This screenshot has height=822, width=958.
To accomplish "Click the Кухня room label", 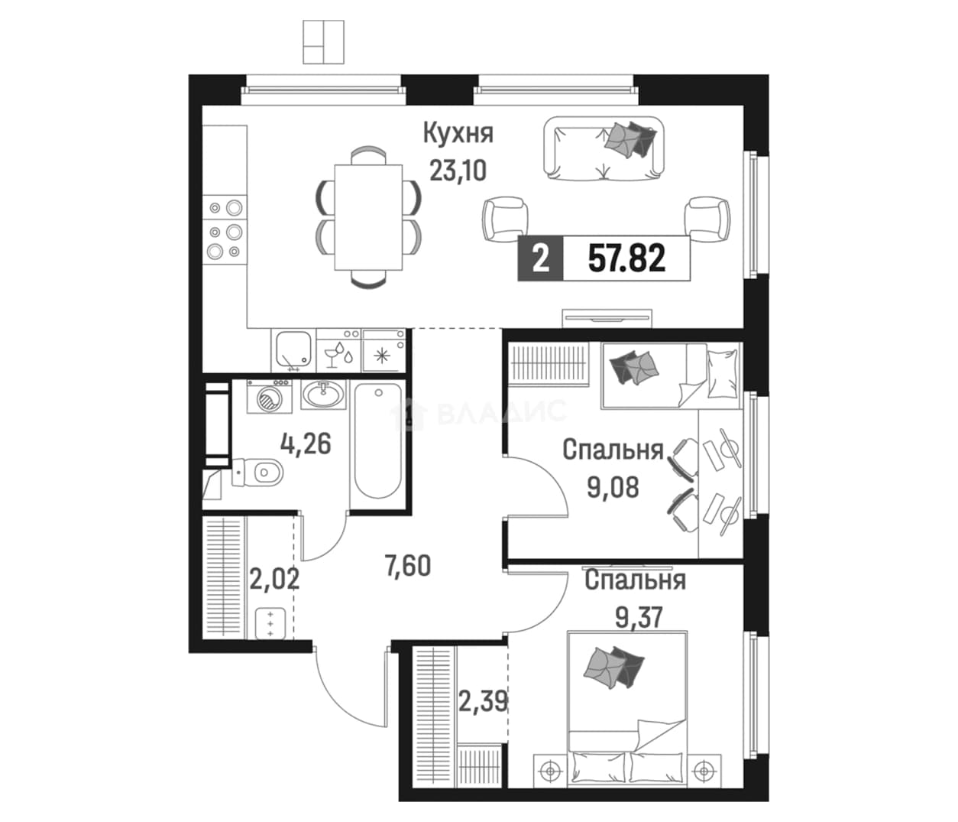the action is [x=458, y=134].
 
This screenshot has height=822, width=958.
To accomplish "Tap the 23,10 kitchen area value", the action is [x=458, y=171].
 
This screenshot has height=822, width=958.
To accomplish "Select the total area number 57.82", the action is [x=626, y=258].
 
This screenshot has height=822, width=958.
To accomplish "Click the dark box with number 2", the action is [x=540, y=258].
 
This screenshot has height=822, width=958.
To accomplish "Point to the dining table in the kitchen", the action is [x=368, y=217].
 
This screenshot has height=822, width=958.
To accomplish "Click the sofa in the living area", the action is [x=604, y=148].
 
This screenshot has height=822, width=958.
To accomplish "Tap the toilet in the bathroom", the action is [x=257, y=473].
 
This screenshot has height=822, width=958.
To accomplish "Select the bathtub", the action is [x=377, y=440].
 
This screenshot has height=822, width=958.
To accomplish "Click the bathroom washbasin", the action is [x=323, y=395].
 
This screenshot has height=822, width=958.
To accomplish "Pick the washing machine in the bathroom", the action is [x=269, y=396].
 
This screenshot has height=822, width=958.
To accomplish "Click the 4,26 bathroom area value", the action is [x=306, y=444].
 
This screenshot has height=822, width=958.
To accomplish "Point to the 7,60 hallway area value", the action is [x=408, y=566].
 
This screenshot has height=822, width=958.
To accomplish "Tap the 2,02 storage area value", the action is [x=274, y=580].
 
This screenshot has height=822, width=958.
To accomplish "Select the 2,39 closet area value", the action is [x=483, y=701].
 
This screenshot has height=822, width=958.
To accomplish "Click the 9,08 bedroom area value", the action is [x=613, y=487].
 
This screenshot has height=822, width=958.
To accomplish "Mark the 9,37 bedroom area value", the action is [x=639, y=618].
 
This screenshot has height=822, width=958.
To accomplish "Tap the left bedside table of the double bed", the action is [x=550, y=771].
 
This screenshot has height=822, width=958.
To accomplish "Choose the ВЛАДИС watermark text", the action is [x=501, y=412].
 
